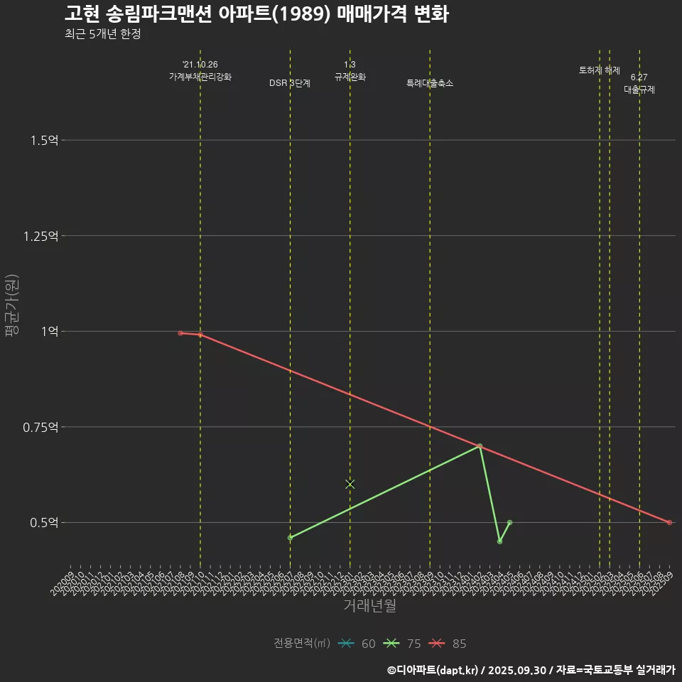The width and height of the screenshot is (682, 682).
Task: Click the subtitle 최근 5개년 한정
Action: (102, 34)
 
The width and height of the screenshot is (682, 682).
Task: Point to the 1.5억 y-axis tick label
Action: (44, 140)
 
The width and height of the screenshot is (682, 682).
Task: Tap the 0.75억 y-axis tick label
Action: (41, 427)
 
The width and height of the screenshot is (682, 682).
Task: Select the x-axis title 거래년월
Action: (369, 605)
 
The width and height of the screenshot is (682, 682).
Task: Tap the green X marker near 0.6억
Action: (350, 484)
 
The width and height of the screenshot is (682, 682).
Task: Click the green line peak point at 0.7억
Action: (480, 446)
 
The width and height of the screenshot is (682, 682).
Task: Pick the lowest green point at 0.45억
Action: (499, 541)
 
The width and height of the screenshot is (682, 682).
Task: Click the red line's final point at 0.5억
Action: (669, 523)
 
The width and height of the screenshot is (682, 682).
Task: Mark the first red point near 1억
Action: (180, 332)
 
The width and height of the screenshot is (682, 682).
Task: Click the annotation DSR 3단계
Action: (290, 83)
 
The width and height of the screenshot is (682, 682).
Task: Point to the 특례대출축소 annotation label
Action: (430, 83)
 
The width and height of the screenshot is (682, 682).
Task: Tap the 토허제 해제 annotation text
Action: (600, 70)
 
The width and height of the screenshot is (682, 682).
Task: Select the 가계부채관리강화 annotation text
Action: (200, 76)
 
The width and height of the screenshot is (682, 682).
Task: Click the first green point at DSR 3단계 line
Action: (290, 538)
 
